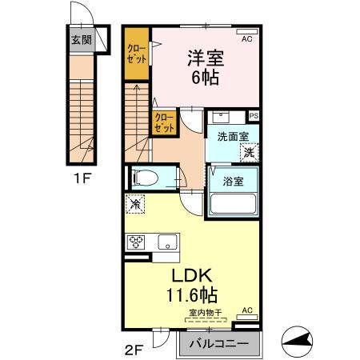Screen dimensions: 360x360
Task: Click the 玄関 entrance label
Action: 80,41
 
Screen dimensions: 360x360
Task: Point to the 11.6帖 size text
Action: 192,294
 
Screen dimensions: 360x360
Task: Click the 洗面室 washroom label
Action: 229,137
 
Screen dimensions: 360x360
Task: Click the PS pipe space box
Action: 254,115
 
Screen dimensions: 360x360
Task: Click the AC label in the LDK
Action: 247,310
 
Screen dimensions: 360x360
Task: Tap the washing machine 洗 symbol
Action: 249,151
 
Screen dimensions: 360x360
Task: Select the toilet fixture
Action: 148,178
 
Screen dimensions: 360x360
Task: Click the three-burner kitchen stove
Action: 134,242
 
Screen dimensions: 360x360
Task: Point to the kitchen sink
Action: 168,242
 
